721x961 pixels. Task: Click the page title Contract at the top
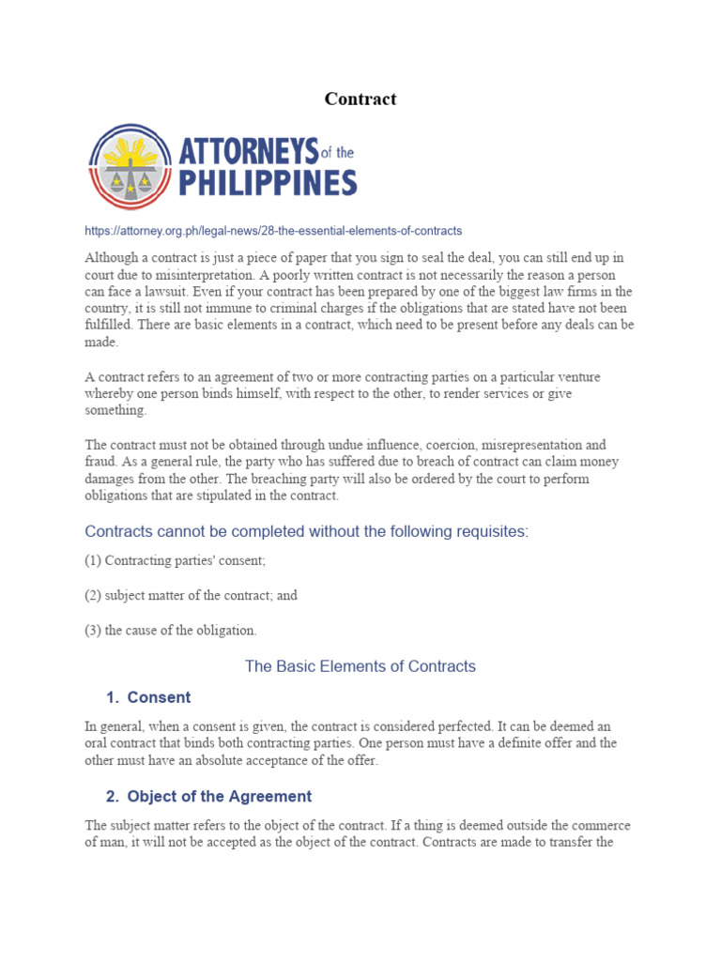pos(360,99)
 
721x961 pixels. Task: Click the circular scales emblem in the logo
pos(130,167)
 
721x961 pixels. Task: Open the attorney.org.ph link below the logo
pos(273,230)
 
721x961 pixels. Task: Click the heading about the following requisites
pos(307,531)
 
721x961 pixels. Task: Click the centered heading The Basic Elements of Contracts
pos(360,666)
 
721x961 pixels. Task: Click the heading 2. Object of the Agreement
pos(208,796)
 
